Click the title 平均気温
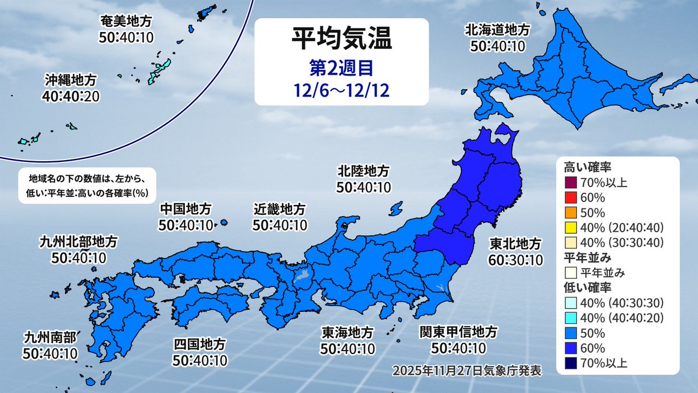[x=341, y=40]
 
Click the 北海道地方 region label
[x=497, y=29]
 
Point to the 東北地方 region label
[x=515, y=243]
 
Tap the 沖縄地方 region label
[x=69, y=79]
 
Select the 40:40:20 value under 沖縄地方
[x=69, y=94]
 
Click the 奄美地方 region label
[x=126, y=22]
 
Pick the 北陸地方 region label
[x=364, y=171]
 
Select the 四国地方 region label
[x=199, y=345]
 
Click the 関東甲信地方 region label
[x=459, y=332]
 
